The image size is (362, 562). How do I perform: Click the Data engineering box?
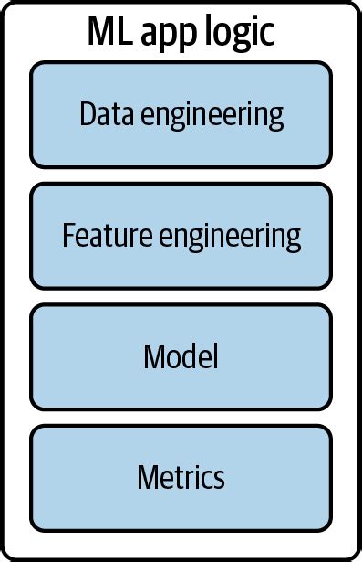pyautogui.click(x=181, y=114)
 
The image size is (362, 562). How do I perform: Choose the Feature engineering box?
pyautogui.click(x=181, y=236)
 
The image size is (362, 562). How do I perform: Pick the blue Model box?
pyautogui.click(x=181, y=356)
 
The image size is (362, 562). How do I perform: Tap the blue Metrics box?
pyautogui.click(x=181, y=477)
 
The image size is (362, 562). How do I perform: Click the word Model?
pyautogui.click(x=181, y=356)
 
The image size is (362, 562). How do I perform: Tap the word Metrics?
pyautogui.click(x=181, y=477)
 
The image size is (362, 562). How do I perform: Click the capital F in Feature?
pyautogui.click(x=68, y=236)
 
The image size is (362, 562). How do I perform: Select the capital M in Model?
pyautogui.click(x=152, y=356)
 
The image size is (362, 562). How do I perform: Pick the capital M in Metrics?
pyautogui.click(x=147, y=477)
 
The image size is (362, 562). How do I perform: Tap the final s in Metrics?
pyautogui.click(x=219, y=479)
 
